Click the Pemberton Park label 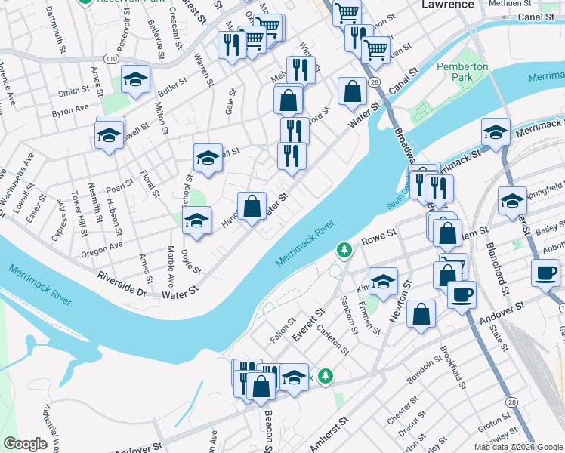click(x=462, y=72)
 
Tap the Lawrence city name click(x=447, y=5)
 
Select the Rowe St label click(x=380, y=239)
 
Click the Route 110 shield click(x=112, y=58)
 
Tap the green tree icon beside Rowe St click(x=344, y=249)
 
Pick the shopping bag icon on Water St click(x=252, y=205)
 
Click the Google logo click(x=25, y=444)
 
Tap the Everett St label click(x=308, y=322)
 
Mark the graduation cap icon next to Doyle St click(x=197, y=220)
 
